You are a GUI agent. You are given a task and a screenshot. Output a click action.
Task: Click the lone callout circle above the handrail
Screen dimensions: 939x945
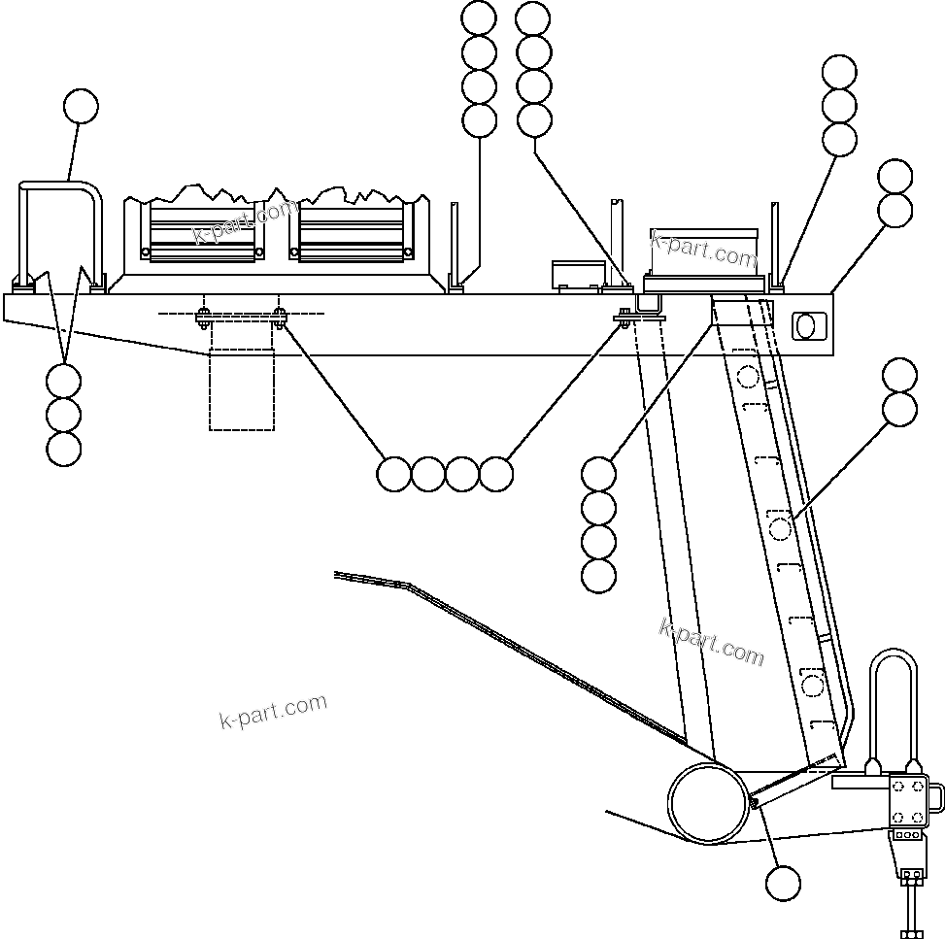pyautogui.click(x=81, y=107)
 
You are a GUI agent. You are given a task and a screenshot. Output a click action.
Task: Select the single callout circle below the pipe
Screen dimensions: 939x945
pyautogui.click(x=783, y=884)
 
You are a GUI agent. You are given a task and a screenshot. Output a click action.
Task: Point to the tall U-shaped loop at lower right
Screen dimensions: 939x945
pyautogui.click(x=891, y=704)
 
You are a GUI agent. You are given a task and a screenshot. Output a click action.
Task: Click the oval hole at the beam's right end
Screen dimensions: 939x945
pyautogui.click(x=806, y=325)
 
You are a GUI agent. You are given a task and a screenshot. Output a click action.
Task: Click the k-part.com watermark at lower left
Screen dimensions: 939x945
pyautogui.click(x=273, y=712)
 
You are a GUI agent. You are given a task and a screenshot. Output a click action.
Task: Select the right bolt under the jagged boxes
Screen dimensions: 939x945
pyautogui.click(x=279, y=316)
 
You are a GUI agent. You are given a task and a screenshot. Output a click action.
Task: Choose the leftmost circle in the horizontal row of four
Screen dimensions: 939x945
pyautogui.click(x=393, y=474)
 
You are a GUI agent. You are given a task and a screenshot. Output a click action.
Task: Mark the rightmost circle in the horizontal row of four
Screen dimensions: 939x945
pyautogui.click(x=496, y=474)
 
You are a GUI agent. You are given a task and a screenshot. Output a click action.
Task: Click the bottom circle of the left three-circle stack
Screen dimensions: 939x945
pyautogui.click(x=63, y=449)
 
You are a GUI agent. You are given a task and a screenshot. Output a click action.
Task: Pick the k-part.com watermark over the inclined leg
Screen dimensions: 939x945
pyautogui.click(x=711, y=643)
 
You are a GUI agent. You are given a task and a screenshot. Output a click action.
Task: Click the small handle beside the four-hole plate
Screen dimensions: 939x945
pyautogui.click(x=936, y=794)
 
